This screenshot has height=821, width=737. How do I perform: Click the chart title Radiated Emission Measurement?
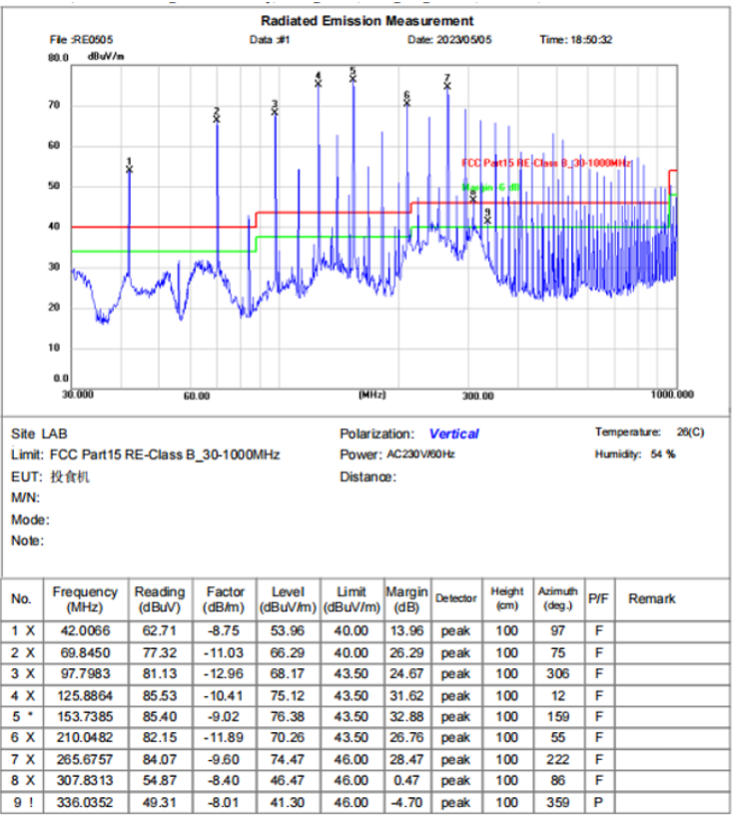point(367,20)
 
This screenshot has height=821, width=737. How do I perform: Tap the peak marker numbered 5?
point(353,78)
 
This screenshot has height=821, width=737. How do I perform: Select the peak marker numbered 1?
point(129,169)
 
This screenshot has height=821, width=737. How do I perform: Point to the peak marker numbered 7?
point(446,86)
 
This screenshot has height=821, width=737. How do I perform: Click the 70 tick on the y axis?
point(55,105)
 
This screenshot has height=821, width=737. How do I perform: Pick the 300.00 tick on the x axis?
point(478,396)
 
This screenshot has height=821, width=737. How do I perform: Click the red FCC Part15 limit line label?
point(546,162)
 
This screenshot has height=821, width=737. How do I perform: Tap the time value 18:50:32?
point(590,40)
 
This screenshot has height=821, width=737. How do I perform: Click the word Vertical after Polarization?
point(453,434)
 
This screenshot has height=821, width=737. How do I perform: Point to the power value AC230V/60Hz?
point(420,454)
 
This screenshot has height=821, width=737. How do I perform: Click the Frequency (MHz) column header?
point(85,599)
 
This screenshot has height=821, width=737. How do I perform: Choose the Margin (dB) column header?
point(406,599)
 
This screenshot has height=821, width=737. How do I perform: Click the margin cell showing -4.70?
point(406,802)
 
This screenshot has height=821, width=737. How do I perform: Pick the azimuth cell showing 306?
point(557,673)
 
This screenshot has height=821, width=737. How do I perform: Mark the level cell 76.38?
point(288,716)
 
